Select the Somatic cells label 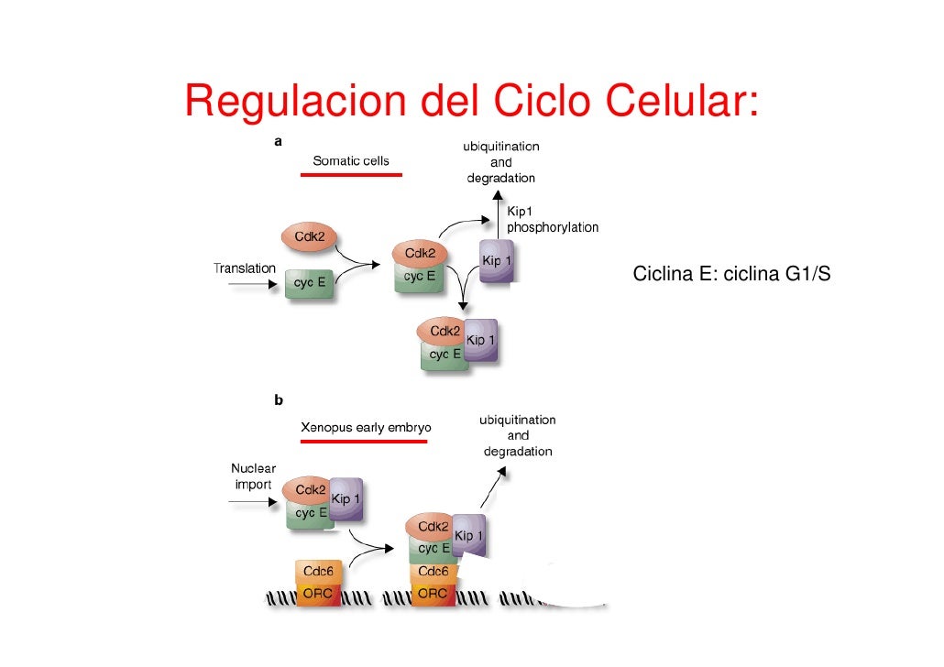[x=351, y=160]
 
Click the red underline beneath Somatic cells [x=351, y=174]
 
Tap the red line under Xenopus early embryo [x=364, y=441]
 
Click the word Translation [x=245, y=268]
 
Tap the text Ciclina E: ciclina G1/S [x=731, y=273]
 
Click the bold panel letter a [x=278, y=142]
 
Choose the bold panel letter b [x=278, y=399]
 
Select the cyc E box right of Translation [x=310, y=283]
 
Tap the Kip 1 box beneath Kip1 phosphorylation [x=497, y=265]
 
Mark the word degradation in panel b [x=518, y=452]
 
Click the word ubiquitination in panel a [x=500, y=147]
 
